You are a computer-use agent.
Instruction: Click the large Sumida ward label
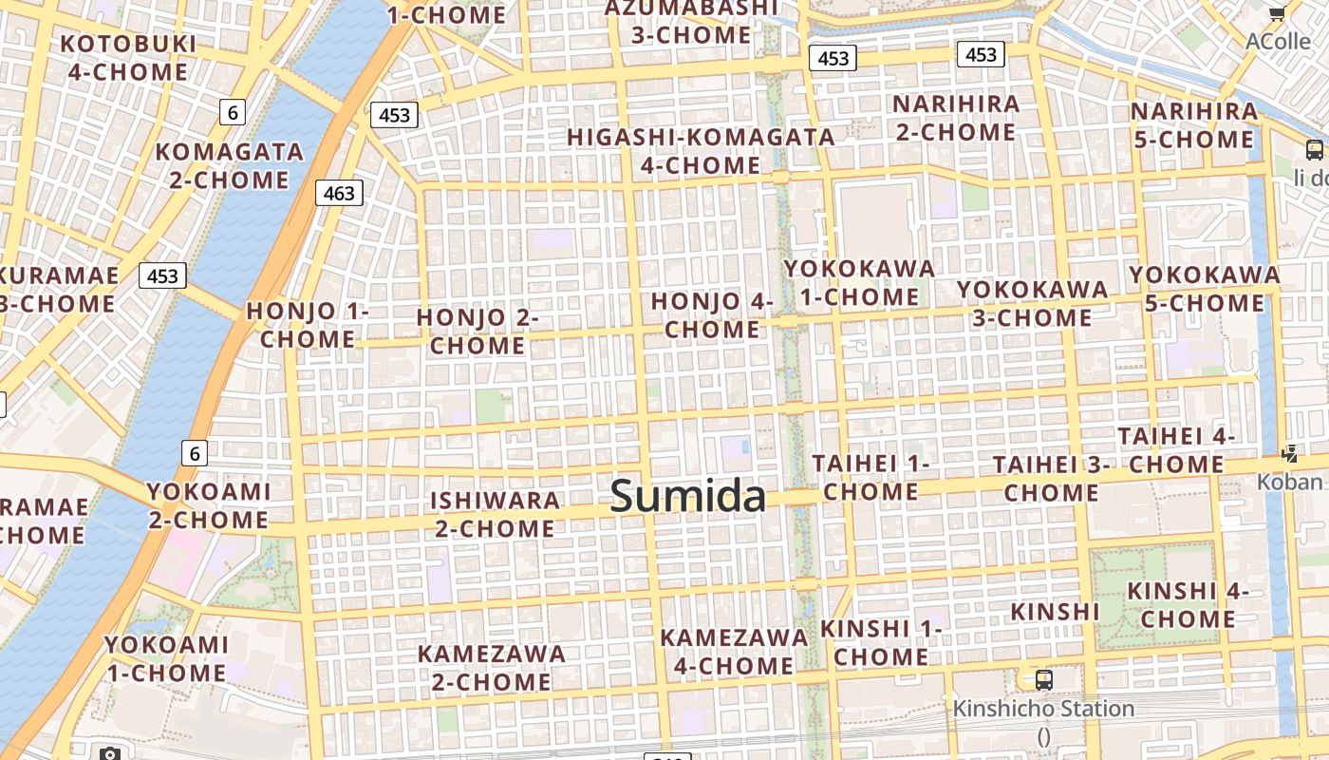click(687, 496)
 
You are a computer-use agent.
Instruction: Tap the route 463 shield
click(339, 194)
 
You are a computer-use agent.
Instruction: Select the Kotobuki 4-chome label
click(128, 58)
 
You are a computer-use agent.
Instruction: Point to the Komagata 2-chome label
click(229, 165)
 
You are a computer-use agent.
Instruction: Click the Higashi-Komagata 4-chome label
click(701, 151)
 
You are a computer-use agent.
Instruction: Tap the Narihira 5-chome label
click(1193, 125)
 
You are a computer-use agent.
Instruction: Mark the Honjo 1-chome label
click(308, 325)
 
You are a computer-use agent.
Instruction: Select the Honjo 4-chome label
click(712, 315)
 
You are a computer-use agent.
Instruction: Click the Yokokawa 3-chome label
click(1032, 303)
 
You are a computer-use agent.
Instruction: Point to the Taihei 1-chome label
click(870, 477)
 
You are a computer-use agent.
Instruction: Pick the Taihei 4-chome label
click(1176, 450)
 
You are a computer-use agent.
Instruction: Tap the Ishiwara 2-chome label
click(495, 514)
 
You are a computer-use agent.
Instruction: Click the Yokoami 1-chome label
click(166, 658)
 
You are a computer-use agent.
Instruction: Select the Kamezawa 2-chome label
click(491, 667)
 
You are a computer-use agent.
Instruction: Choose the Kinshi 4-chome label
click(1188, 605)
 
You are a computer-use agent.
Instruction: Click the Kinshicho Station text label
click(1043, 709)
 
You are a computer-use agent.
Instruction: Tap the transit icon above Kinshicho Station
click(1044, 680)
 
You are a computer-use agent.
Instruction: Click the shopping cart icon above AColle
click(1278, 13)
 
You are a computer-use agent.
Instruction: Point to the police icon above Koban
click(1289, 454)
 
